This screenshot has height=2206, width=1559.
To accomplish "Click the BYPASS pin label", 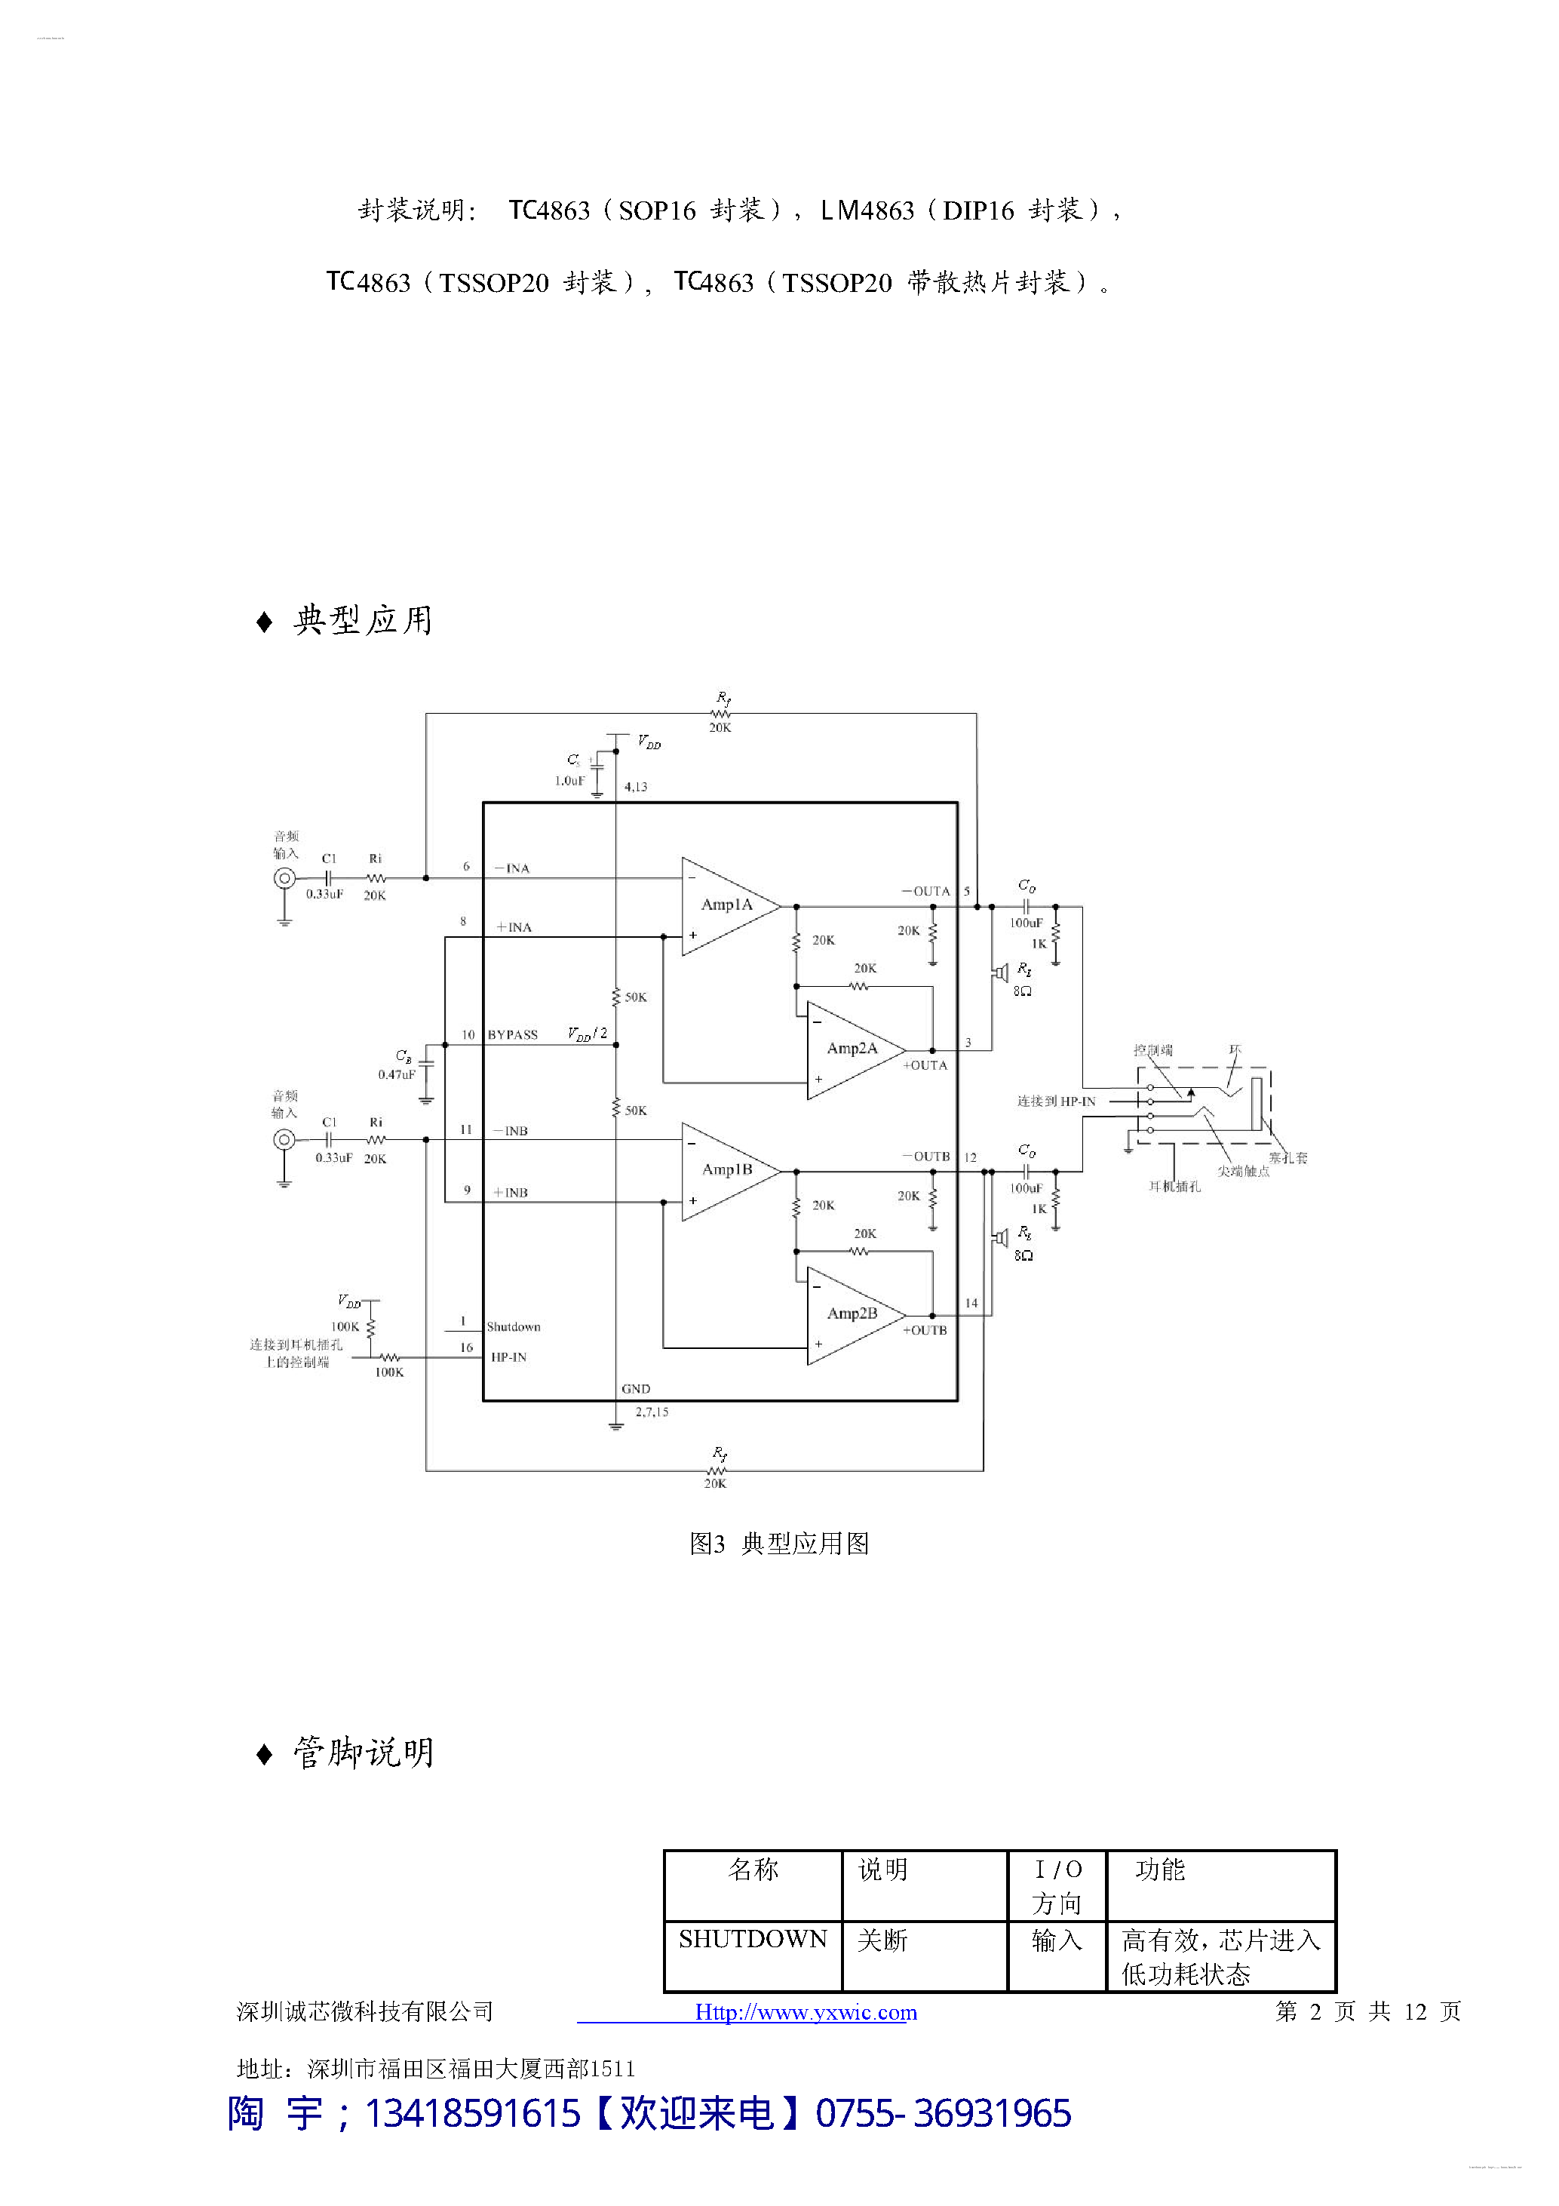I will point(512,1035).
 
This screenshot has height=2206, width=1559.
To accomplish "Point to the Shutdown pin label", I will point(513,1327).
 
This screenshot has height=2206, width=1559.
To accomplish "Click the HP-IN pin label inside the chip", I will point(508,1357).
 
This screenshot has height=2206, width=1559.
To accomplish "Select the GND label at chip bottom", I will point(635,1388).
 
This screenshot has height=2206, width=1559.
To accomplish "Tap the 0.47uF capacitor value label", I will point(396,1074).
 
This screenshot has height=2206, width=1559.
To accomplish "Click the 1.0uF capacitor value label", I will point(569,781).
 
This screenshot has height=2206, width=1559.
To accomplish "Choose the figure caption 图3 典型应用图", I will point(779,1543).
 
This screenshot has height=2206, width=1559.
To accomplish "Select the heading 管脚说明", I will point(363,1753).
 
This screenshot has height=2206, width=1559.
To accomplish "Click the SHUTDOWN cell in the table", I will point(752,1939).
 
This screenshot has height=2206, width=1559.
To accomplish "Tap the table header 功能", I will point(1159,1870).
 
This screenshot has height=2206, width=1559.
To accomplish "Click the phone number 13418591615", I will point(471,2114).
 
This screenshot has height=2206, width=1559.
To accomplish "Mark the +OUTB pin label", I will point(924,1330).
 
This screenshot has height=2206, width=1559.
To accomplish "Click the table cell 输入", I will point(1056,1941).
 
